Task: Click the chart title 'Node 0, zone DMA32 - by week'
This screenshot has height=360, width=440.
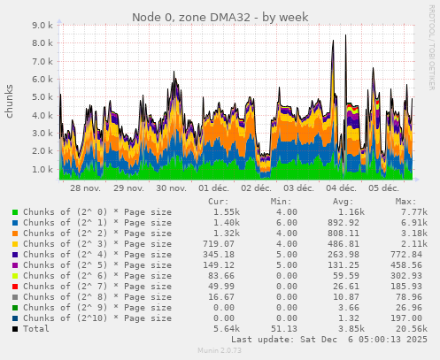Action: (x=219, y=17)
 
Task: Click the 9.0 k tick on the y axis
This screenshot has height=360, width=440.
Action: (x=42, y=26)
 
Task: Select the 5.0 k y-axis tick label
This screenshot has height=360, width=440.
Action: (x=42, y=97)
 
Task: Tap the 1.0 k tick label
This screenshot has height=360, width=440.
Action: (x=42, y=169)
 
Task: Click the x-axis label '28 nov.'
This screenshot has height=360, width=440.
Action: (x=85, y=189)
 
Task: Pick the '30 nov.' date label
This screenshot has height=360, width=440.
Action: (x=171, y=189)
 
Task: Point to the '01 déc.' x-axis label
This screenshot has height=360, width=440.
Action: (x=213, y=189)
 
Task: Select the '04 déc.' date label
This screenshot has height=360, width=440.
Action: (x=342, y=189)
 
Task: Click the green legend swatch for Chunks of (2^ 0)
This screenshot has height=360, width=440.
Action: (x=14, y=213)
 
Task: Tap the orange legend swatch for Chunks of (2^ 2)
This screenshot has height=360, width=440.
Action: (x=14, y=234)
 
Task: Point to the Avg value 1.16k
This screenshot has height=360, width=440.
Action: (x=351, y=212)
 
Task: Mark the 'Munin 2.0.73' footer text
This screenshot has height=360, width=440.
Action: (x=219, y=351)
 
